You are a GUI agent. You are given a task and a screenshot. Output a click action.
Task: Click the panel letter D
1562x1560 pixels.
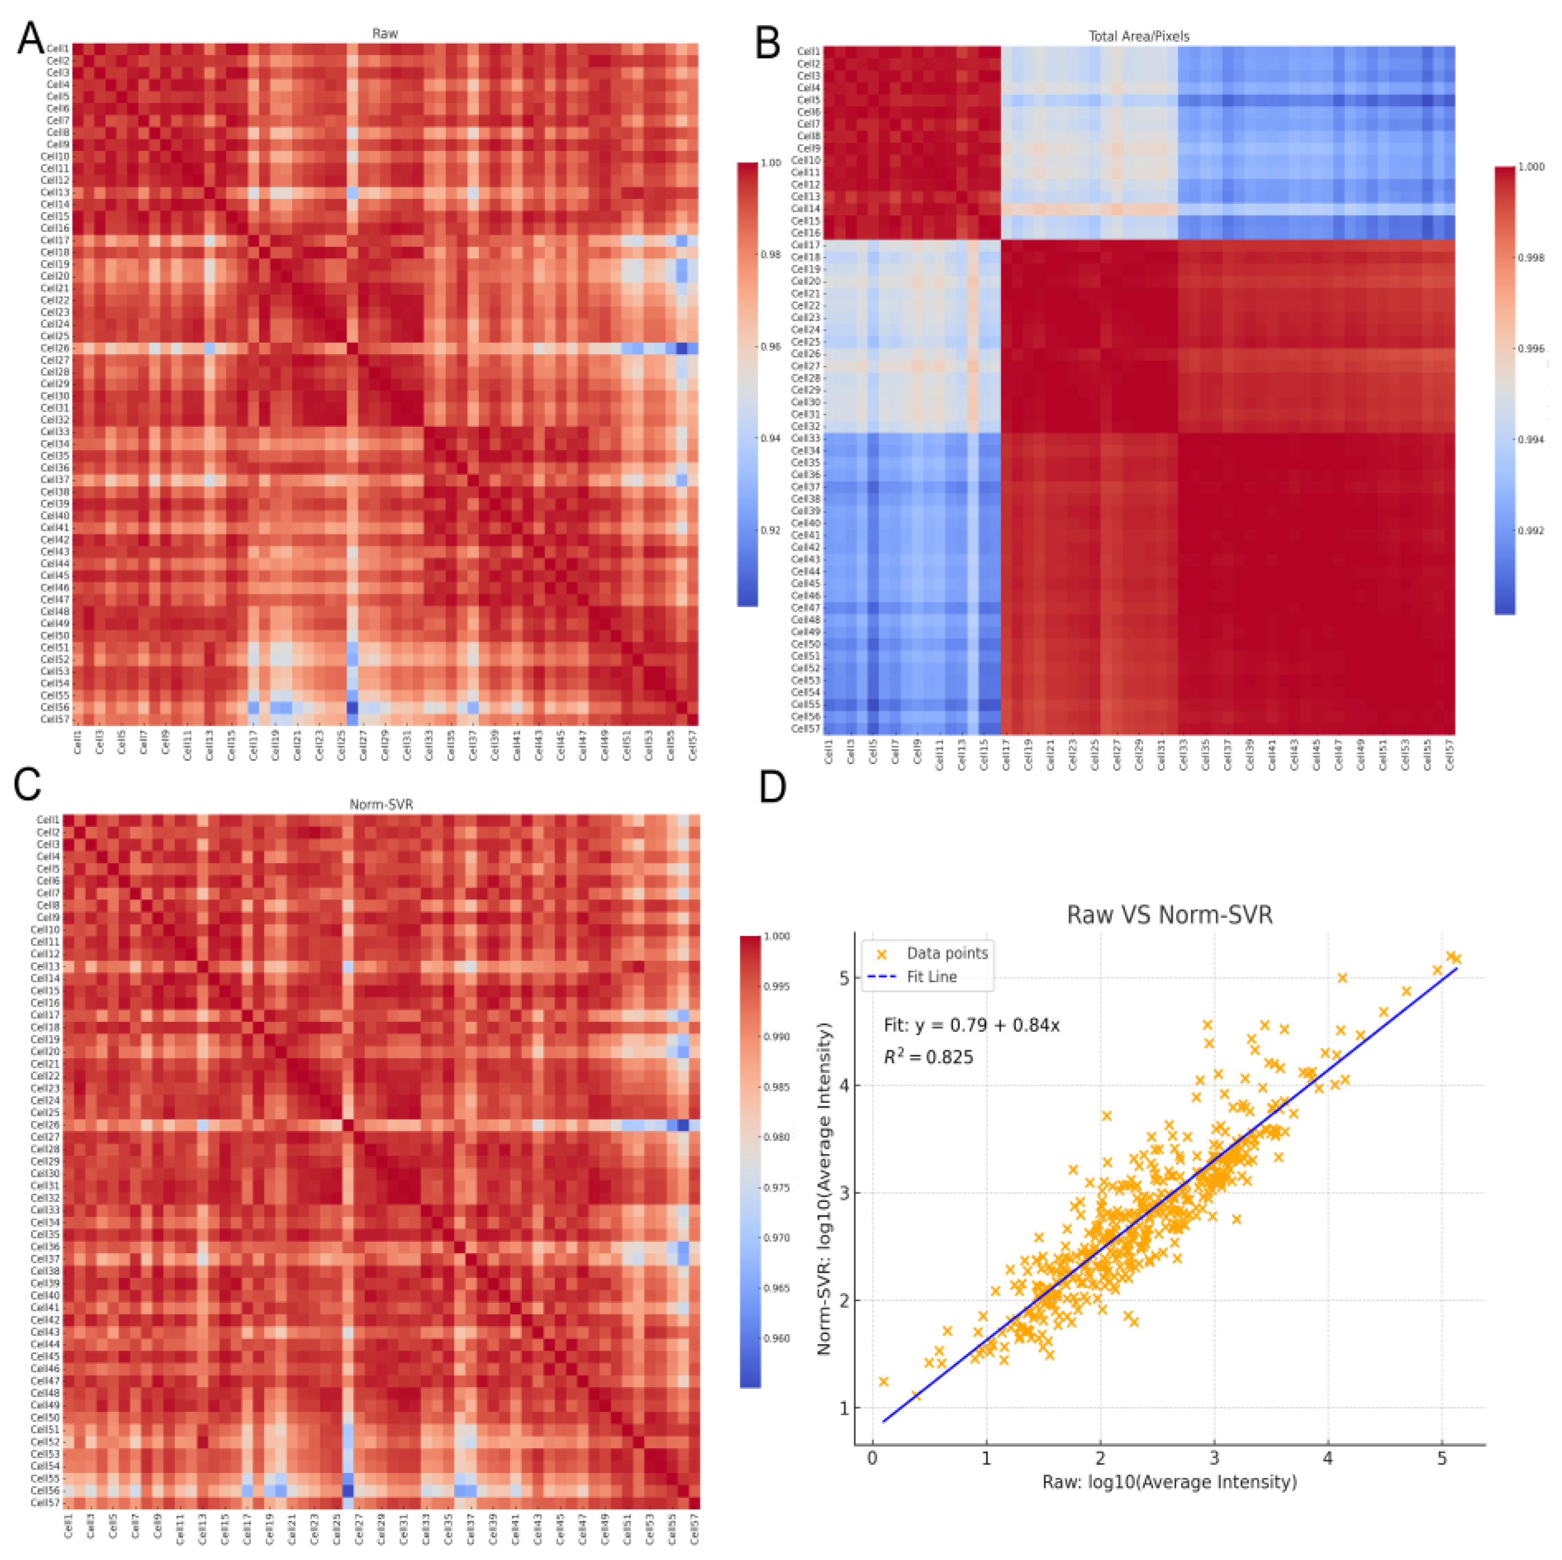click(772, 787)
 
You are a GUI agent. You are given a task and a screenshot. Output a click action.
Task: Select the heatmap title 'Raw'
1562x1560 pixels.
click(385, 33)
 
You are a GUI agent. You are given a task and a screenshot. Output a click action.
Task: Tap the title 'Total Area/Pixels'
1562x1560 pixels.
click(1138, 36)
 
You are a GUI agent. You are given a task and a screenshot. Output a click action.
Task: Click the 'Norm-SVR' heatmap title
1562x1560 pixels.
click(381, 804)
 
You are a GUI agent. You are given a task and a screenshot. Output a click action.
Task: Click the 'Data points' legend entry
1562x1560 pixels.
click(947, 954)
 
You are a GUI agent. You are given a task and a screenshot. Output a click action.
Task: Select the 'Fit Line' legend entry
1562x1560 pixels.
click(931, 977)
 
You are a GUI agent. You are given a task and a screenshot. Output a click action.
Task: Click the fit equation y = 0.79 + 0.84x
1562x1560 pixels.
click(971, 1025)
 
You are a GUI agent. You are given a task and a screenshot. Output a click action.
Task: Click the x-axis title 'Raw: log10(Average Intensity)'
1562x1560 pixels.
click(1169, 1482)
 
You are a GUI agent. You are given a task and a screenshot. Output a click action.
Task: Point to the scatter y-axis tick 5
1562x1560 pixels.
click(844, 979)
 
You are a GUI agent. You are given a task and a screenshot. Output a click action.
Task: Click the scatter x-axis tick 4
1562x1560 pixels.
click(1327, 1458)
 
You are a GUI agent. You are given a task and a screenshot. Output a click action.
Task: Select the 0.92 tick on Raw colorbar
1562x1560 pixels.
click(771, 530)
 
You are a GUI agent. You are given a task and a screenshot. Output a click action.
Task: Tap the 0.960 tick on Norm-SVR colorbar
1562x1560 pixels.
click(776, 1339)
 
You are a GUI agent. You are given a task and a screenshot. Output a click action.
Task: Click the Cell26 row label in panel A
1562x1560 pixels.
click(55, 349)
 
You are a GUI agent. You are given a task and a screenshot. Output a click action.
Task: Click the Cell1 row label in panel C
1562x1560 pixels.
click(48, 820)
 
